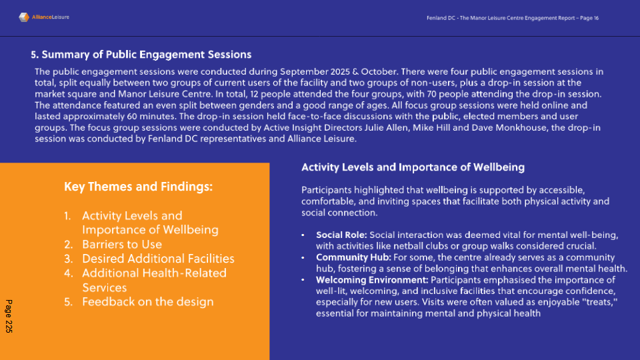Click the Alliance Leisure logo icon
(x=24, y=17)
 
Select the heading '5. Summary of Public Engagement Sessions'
(x=141, y=55)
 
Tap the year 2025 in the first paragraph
(x=340, y=72)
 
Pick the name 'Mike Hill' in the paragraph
(x=431, y=128)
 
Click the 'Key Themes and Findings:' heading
(x=139, y=187)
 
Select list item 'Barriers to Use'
(x=122, y=245)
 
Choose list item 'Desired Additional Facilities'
(x=159, y=259)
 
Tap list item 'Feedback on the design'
(x=148, y=302)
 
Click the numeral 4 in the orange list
(x=67, y=273)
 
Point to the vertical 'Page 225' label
(x=9, y=316)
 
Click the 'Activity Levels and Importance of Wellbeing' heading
(x=413, y=167)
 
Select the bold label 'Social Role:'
(x=341, y=235)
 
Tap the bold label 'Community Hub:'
(x=353, y=257)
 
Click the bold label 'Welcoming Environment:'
(x=372, y=280)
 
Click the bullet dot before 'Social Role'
(x=303, y=235)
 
